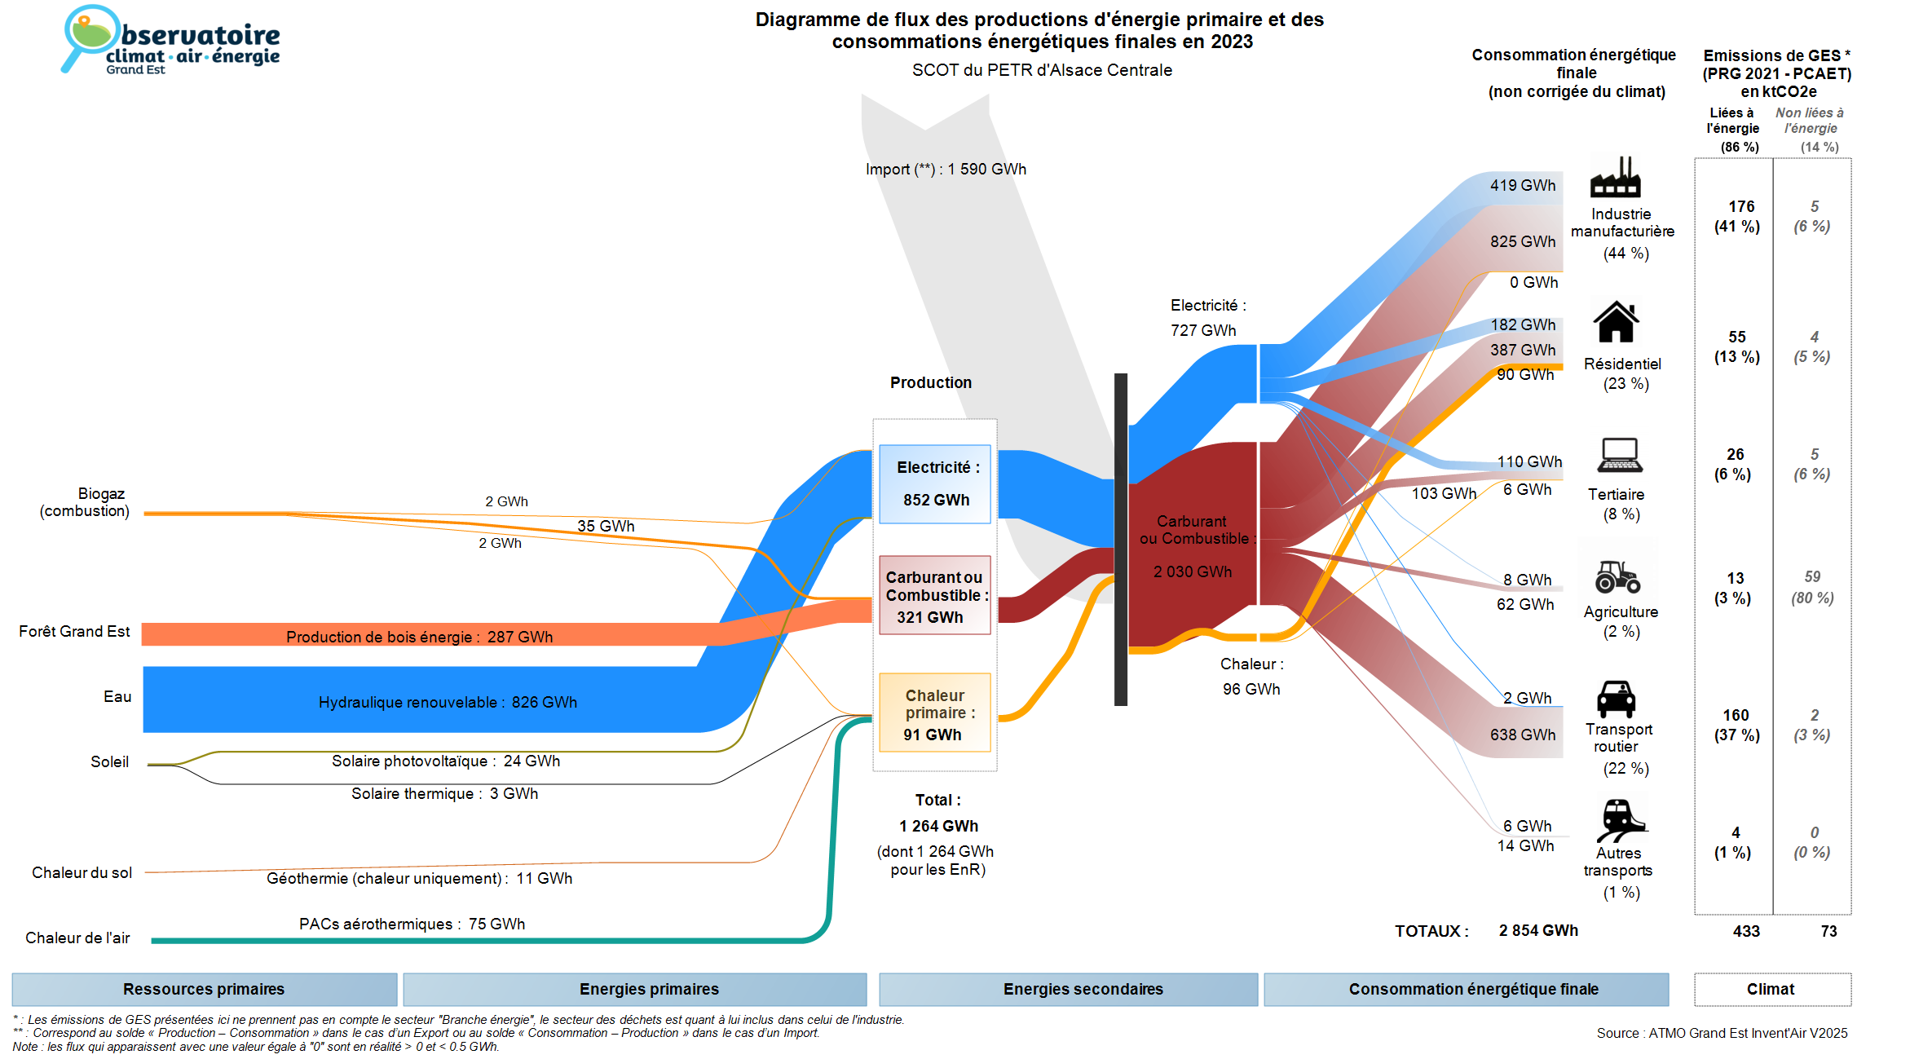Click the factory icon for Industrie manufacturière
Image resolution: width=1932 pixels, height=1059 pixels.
click(x=1615, y=178)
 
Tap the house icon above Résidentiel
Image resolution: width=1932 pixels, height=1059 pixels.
click(x=1616, y=322)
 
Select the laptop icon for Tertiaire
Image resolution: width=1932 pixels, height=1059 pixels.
click(x=1619, y=455)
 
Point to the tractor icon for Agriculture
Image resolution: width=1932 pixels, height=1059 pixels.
click(x=1617, y=576)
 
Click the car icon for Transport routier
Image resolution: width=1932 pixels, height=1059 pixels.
click(x=1616, y=699)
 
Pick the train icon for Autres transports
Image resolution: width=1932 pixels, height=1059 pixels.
click(x=1620, y=819)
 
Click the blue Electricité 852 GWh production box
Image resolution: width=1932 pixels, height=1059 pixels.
click(x=935, y=483)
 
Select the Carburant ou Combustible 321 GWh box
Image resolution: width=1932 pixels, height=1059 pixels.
click(x=935, y=596)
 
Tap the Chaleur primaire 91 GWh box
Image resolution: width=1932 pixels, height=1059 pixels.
click(x=935, y=713)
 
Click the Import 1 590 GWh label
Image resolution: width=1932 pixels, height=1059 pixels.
click(x=946, y=170)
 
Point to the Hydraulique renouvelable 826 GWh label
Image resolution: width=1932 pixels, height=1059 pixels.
click(x=448, y=702)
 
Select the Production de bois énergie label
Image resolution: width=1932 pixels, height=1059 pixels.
click(x=419, y=637)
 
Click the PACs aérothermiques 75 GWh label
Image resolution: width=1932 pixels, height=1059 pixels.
click(x=412, y=924)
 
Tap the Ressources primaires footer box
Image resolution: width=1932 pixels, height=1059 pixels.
click(x=204, y=989)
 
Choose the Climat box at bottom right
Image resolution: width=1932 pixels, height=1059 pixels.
click(x=1771, y=989)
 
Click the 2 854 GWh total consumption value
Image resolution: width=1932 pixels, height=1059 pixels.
click(x=1538, y=931)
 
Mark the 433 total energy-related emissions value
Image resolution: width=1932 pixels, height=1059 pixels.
click(x=1746, y=931)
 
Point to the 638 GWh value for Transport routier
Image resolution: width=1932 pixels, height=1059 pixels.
click(x=1523, y=735)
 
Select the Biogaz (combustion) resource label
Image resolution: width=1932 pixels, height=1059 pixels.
click(x=85, y=502)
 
